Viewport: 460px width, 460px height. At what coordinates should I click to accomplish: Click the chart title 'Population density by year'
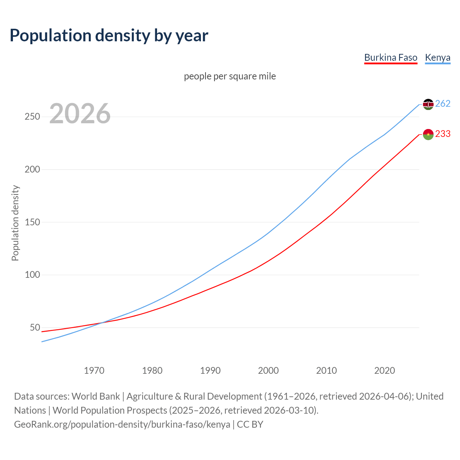109,36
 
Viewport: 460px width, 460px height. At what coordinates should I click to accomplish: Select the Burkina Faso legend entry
391,57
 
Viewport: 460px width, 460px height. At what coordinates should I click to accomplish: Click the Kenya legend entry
437,57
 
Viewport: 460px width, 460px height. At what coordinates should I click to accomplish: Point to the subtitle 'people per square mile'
230,77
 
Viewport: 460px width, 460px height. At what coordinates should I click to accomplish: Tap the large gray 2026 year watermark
80,114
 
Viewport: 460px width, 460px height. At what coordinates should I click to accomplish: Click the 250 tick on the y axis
32,117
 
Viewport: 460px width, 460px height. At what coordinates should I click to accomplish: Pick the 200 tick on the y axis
32,169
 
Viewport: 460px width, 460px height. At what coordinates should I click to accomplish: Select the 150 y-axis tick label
32,222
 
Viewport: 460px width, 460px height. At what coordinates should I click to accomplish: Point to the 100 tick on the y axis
32,275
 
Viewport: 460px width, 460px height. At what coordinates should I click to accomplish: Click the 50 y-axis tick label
35,327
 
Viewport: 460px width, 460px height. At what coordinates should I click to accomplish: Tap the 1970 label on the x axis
94,371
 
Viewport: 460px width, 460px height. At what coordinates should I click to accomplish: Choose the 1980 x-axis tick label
152,371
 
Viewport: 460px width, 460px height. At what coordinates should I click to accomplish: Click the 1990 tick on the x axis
210,371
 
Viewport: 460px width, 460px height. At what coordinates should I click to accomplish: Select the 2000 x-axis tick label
268,371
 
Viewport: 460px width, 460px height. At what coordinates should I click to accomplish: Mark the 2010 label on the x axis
326,371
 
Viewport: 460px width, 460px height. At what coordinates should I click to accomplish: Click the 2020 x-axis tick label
385,371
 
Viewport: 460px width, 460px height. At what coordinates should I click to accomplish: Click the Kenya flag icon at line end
428,104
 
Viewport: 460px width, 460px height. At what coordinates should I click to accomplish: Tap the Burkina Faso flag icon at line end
428,134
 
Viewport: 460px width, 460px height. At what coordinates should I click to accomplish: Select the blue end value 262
443,104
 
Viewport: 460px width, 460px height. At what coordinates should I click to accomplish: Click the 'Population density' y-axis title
15,223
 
